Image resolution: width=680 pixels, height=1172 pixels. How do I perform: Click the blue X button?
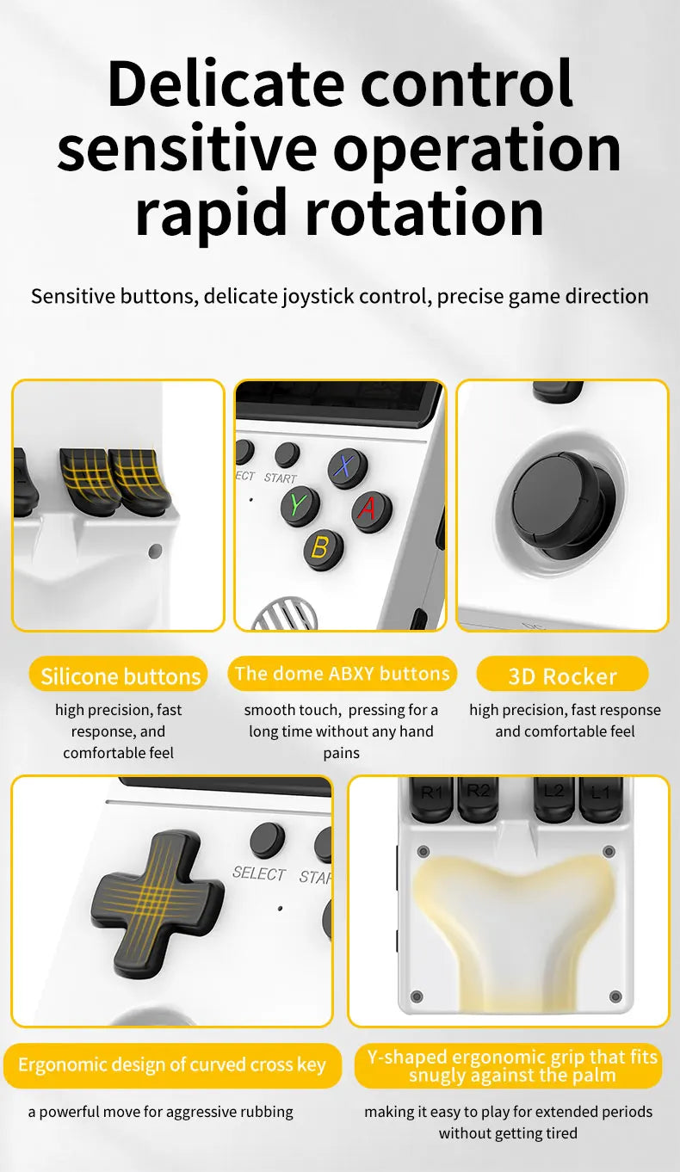(x=348, y=467)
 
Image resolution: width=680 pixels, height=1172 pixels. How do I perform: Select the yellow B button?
(x=323, y=548)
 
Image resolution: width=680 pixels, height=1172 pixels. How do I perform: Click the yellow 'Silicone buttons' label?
(x=120, y=676)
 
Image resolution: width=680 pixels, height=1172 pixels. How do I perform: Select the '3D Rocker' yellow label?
(x=562, y=676)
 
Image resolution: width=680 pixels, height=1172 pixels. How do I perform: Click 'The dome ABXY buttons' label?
(x=342, y=674)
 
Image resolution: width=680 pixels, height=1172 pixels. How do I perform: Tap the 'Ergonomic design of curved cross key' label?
(x=172, y=1065)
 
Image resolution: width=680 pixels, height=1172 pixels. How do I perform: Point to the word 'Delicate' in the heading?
(x=226, y=83)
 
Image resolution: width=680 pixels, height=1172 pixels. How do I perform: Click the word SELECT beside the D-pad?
(x=258, y=873)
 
